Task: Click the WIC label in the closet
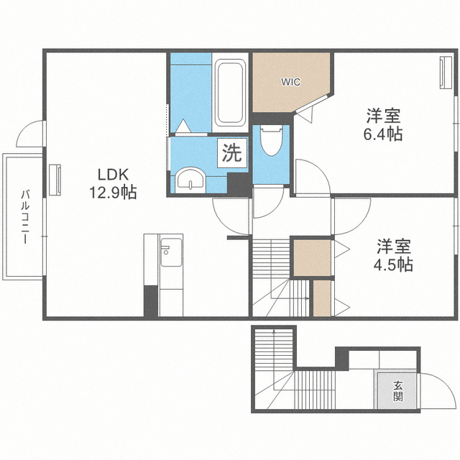click(x=290, y=82)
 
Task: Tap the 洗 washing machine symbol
click(x=232, y=153)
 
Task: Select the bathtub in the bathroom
click(x=230, y=93)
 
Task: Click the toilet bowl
click(x=272, y=141)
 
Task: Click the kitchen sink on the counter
click(x=171, y=252)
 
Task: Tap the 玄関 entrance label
click(x=398, y=391)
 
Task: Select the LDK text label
click(x=113, y=175)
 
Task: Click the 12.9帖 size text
click(x=113, y=193)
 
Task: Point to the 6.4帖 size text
click(x=383, y=134)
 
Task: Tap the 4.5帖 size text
click(x=393, y=264)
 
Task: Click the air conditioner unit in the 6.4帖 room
click(x=446, y=72)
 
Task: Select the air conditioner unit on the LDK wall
click(x=55, y=180)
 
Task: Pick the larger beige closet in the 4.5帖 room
click(x=313, y=258)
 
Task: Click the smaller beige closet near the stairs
click(x=322, y=298)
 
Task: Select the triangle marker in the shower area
click(x=183, y=126)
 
